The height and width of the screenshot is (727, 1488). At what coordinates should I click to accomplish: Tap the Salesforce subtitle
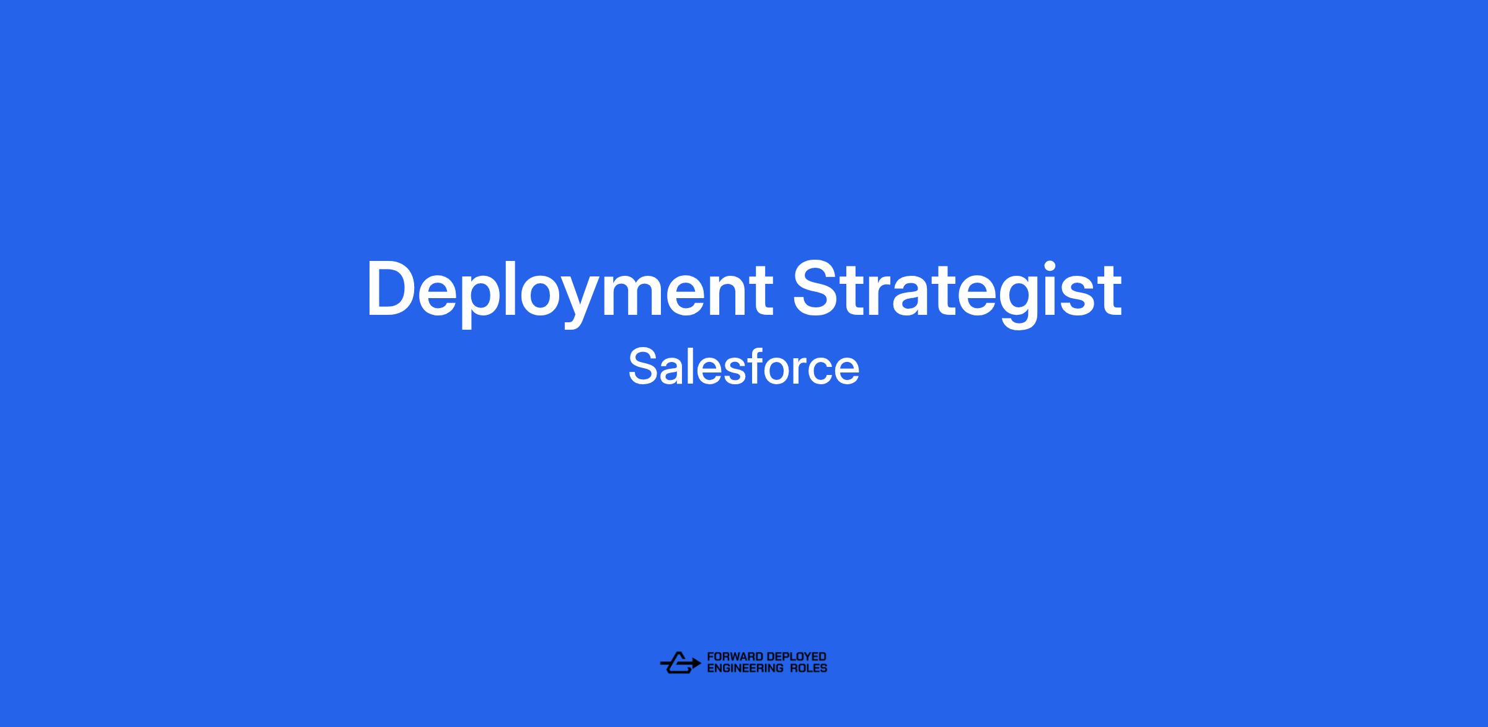click(x=744, y=367)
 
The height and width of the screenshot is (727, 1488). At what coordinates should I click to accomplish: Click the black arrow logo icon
click(x=680, y=663)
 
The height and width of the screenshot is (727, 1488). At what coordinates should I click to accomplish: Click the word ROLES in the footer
click(x=808, y=668)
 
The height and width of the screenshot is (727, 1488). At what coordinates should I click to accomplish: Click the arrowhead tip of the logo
click(x=701, y=663)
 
